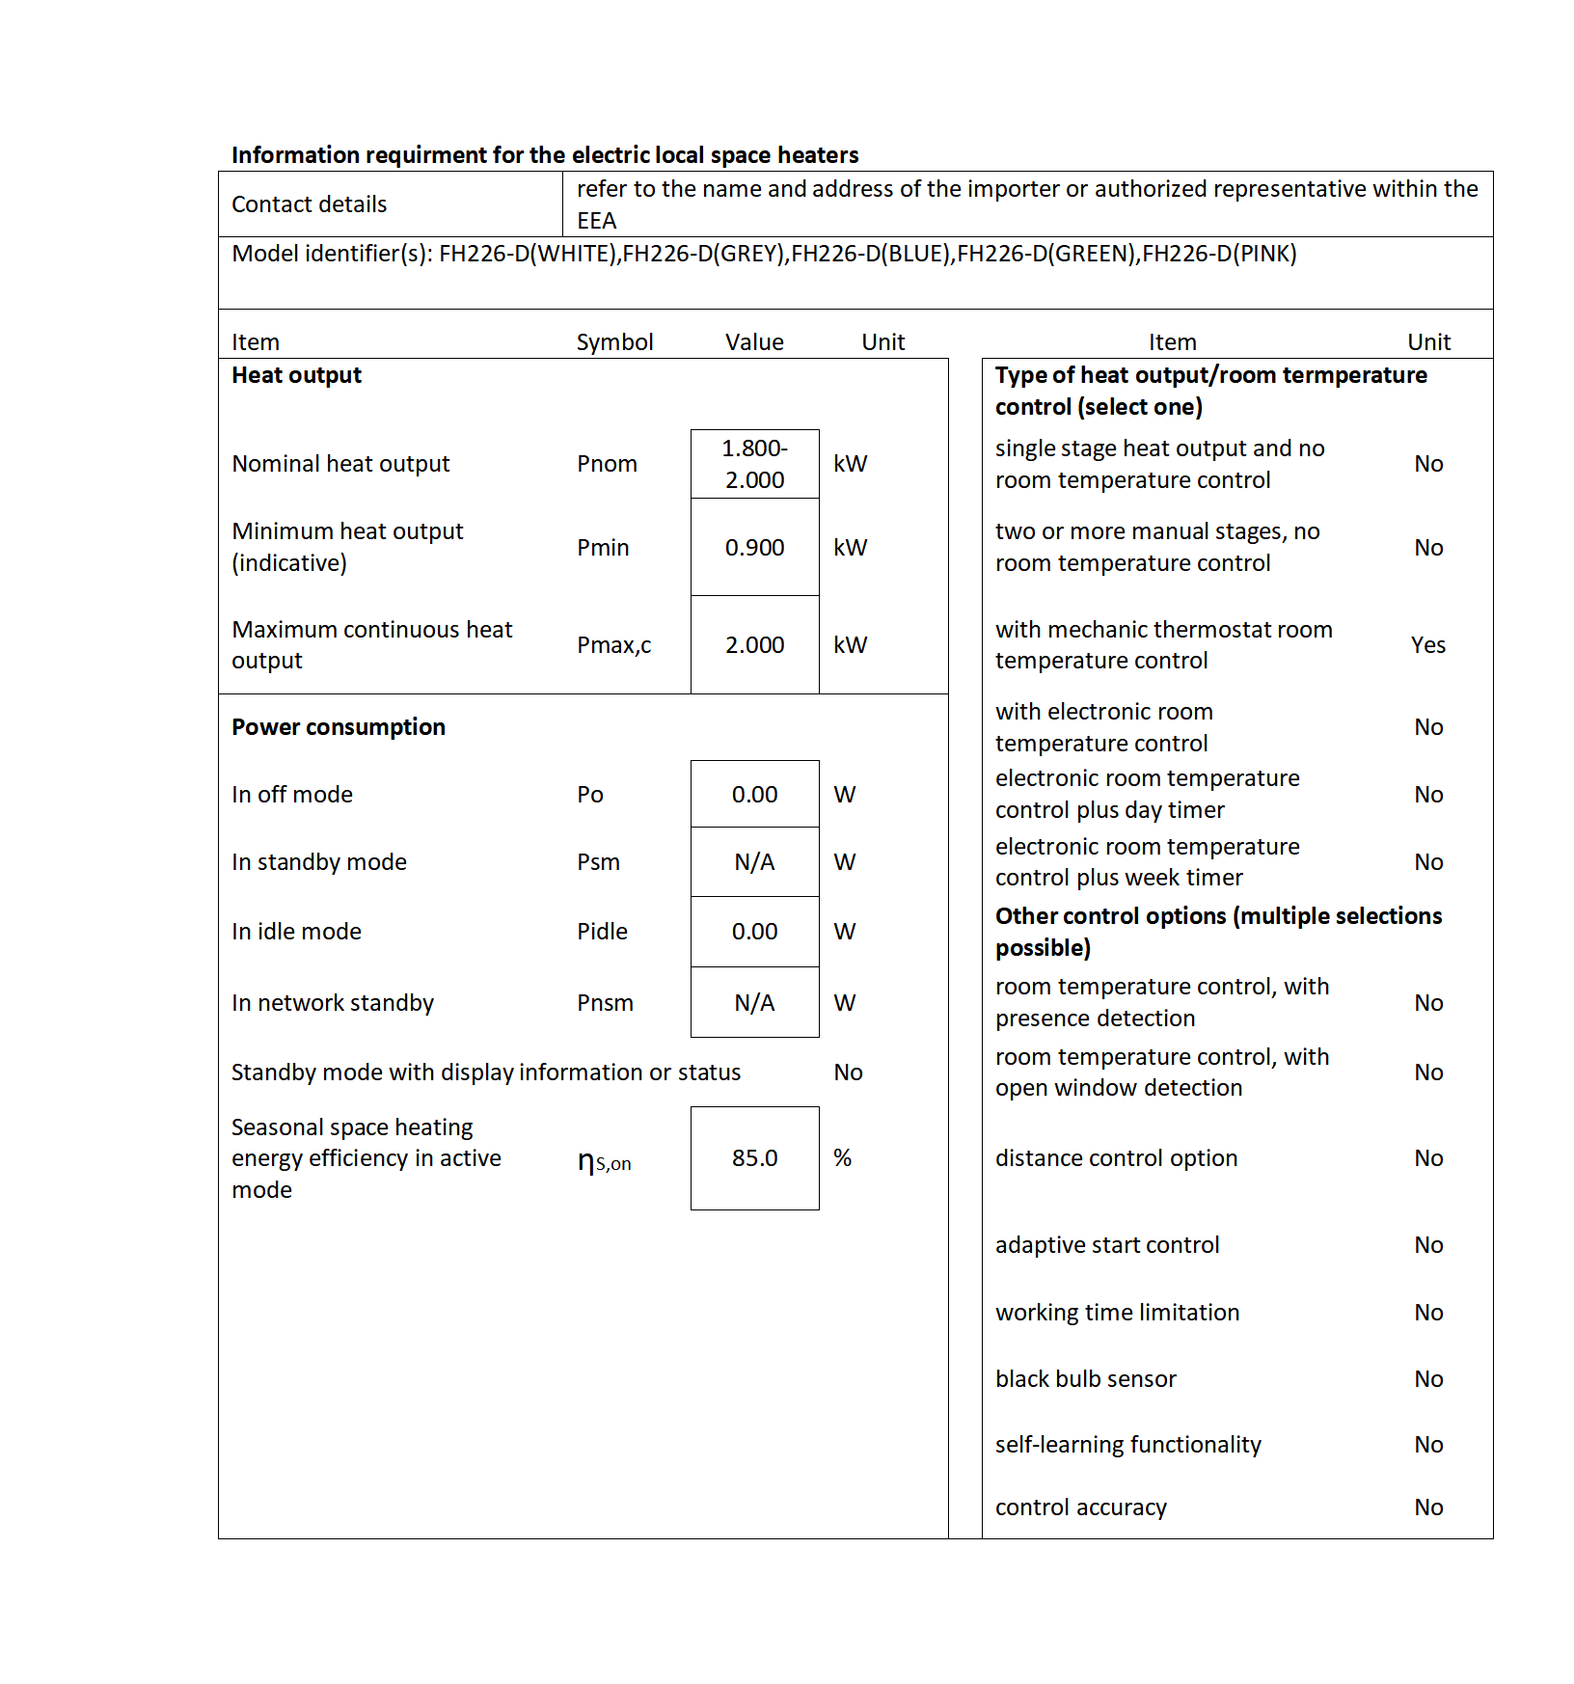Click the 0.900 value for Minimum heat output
[754, 548]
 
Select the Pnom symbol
[607, 464]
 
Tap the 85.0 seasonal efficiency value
[754, 1158]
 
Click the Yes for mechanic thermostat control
[1427, 645]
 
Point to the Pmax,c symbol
[613, 645]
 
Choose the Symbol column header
[614, 342]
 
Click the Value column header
[754, 342]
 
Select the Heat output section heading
[296, 375]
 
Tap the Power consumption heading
[339, 727]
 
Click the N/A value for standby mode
[754, 862]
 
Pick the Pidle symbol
[602, 932]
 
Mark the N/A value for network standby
[754, 1003]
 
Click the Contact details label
[309, 204]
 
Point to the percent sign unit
[842, 1158]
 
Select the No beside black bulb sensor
[1428, 1379]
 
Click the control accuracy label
[1080, 1507]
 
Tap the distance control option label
[1116, 1158]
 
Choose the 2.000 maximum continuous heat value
[754, 645]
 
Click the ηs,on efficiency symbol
[604, 1162]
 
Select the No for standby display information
[848, 1073]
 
